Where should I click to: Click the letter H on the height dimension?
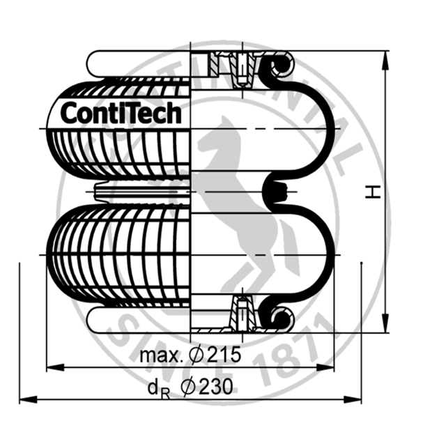point(374,192)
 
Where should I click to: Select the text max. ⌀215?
point(190,355)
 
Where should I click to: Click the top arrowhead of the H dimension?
point(384,58)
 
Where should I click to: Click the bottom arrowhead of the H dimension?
point(384,325)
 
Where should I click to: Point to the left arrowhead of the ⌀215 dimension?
point(53,367)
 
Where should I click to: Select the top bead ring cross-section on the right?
point(281,66)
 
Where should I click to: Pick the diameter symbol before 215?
point(197,355)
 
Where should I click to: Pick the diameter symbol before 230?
point(187,387)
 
